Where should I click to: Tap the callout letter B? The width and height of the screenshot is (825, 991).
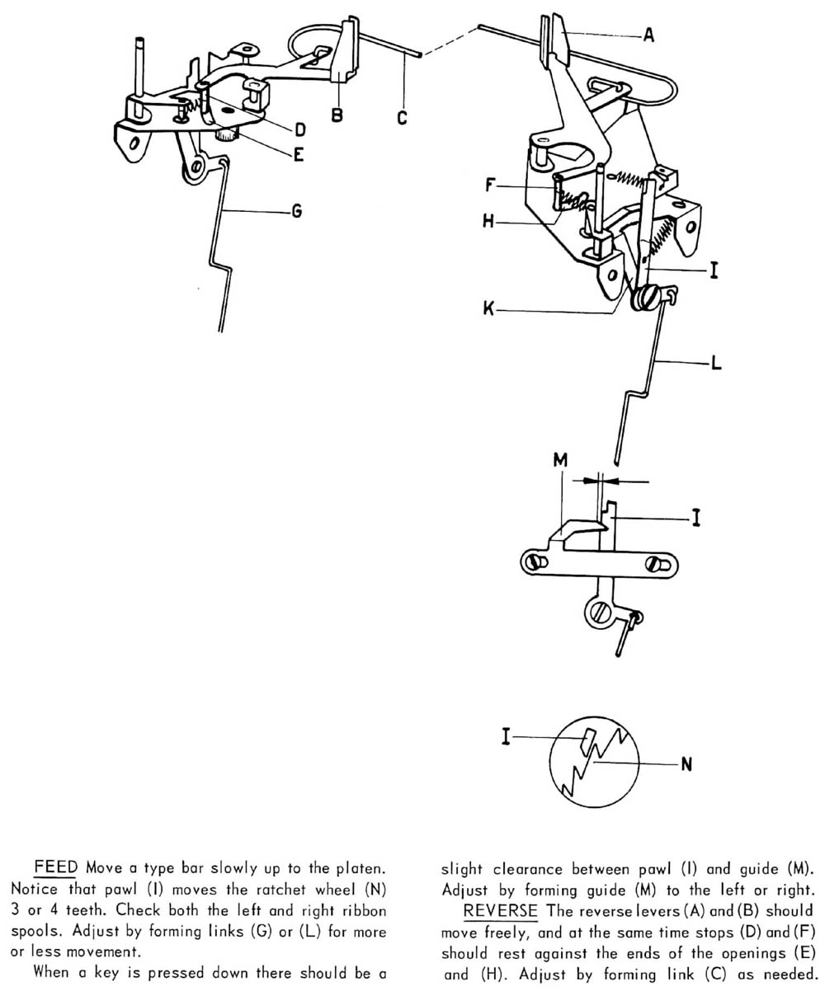pos(337,115)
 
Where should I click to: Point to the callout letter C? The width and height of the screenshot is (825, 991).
pos(402,117)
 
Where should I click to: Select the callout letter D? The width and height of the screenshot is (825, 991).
pos(300,129)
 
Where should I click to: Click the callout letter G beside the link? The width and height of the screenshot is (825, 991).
pos(295,212)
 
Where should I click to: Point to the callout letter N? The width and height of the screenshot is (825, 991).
pos(686,765)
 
